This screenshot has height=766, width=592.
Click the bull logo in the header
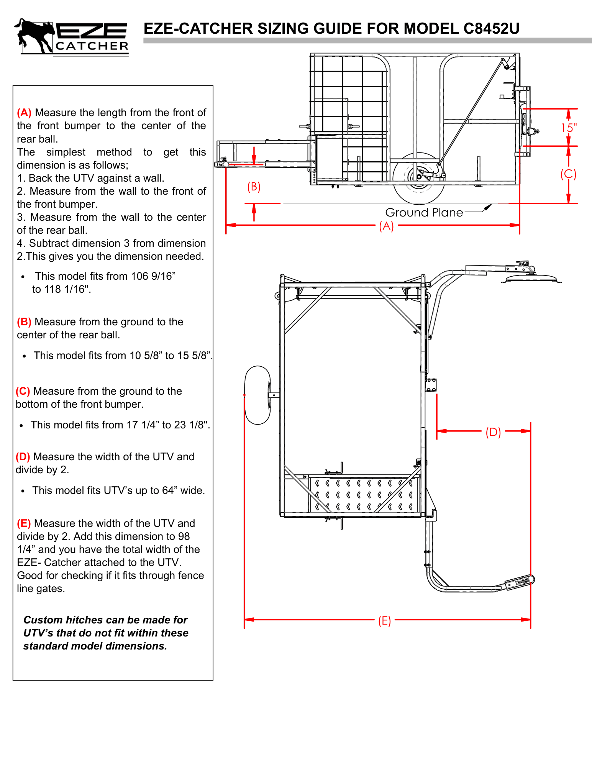pyautogui.click(x=34, y=35)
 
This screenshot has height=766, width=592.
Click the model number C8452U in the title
pyautogui.click(x=491, y=29)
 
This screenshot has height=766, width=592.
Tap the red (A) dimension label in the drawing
pyautogui.click(x=386, y=226)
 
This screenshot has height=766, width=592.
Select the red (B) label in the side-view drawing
pyautogui.click(x=254, y=187)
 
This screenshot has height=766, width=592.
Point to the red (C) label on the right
pyautogui.click(x=568, y=174)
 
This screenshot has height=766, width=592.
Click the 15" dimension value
pyautogui.click(x=569, y=128)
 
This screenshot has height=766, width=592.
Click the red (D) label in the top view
pyautogui.click(x=493, y=432)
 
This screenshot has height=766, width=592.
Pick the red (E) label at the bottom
pyautogui.click(x=384, y=620)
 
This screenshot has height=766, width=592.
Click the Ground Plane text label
pyautogui.click(x=424, y=213)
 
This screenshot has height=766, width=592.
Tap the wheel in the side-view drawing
pyautogui.click(x=418, y=178)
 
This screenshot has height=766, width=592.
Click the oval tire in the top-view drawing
pyautogui.click(x=257, y=395)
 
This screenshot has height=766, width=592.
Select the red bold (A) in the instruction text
pyautogui.click(x=24, y=113)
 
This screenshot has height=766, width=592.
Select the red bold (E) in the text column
pyautogui.click(x=24, y=523)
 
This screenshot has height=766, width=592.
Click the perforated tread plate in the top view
pyautogui.click(x=364, y=494)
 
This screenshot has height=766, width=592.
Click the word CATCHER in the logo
pyautogui.click(x=92, y=46)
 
